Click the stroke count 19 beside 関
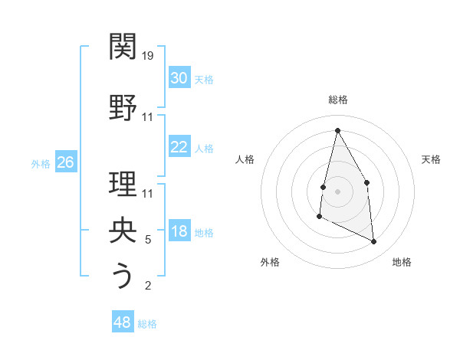(x=149, y=55)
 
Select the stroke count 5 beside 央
(x=148, y=240)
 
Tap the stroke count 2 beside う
(x=148, y=286)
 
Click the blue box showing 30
(x=179, y=78)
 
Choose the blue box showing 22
(x=179, y=147)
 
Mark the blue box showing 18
(x=179, y=232)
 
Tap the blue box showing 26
(x=65, y=162)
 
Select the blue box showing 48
(x=123, y=322)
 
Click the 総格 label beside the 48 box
(x=147, y=324)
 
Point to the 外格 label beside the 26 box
(x=41, y=163)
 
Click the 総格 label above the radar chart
(x=337, y=100)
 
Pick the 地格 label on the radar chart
(x=402, y=262)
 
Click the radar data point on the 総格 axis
(x=337, y=130)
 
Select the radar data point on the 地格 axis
(x=374, y=242)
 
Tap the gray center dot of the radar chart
(x=337, y=191)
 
